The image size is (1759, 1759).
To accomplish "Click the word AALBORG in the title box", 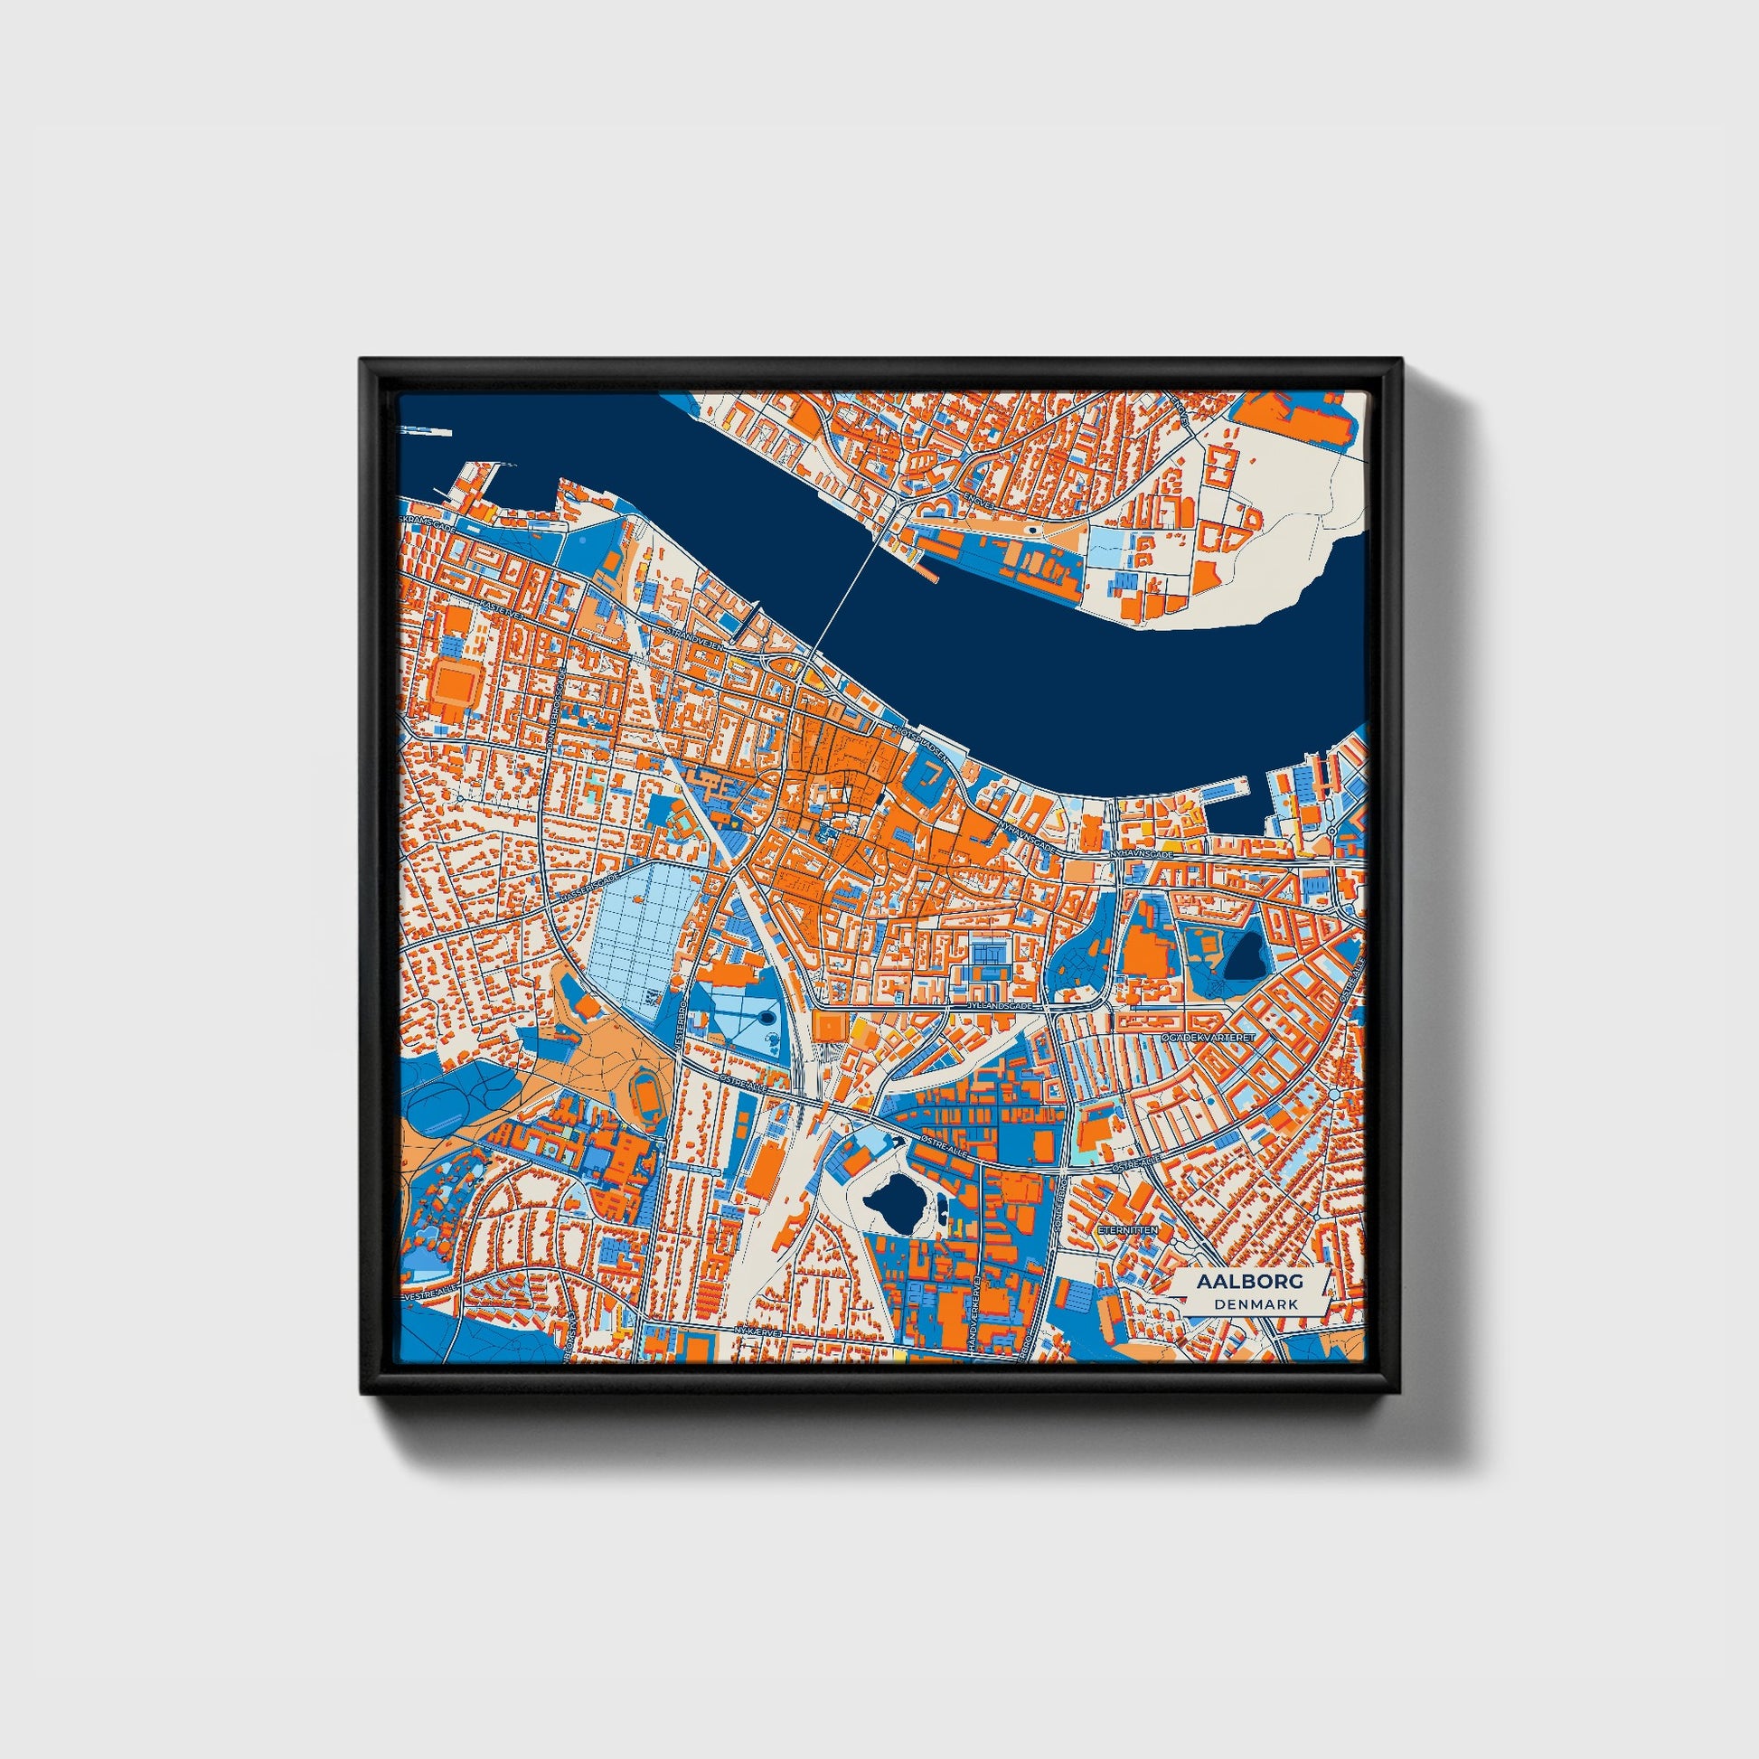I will click(x=1249, y=1281).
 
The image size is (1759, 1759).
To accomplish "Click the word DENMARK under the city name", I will click(x=1256, y=1303).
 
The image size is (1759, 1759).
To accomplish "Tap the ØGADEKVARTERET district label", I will click(x=1209, y=1037).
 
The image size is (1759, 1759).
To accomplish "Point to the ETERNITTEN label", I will click(x=1128, y=1229).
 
